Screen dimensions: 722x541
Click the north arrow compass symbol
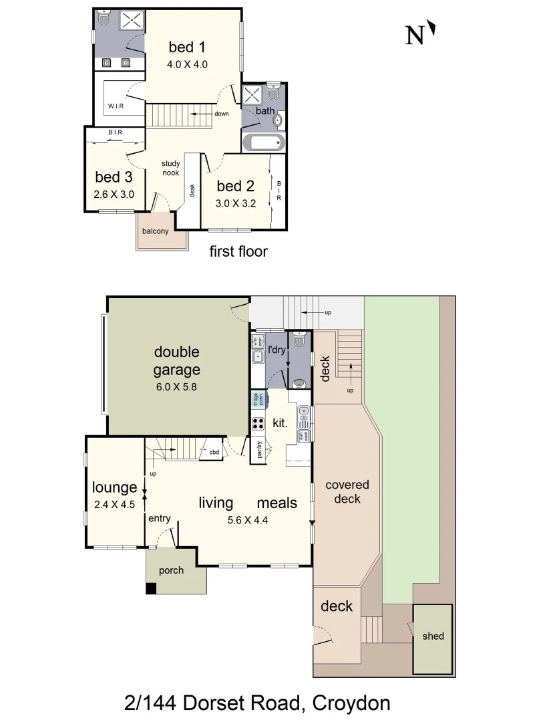point(421,33)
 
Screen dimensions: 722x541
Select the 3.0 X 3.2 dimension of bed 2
point(235,203)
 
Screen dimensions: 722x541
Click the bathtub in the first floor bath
point(263,142)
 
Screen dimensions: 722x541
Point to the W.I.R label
point(116,106)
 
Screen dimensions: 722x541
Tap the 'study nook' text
point(170,168)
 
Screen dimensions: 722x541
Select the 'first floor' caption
point(238,251)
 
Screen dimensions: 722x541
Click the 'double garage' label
point(177,360)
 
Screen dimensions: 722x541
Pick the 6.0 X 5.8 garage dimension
point(177,386)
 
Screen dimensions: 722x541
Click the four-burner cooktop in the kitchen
point(258,423)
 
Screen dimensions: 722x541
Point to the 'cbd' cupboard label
point(214,452)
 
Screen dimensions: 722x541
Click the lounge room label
point(114,487)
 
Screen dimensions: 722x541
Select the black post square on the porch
point(151,589)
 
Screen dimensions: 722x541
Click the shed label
point(432,636)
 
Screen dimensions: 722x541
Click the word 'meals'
point(277,503)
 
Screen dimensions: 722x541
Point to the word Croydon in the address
point(351,703)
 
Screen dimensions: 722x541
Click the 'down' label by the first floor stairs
point(222,114)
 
